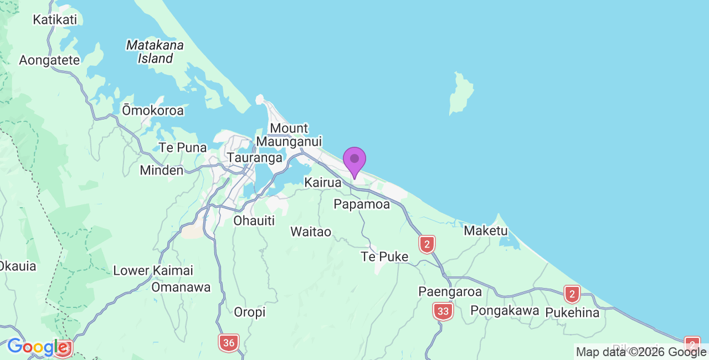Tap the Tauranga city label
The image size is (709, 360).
(255, 158)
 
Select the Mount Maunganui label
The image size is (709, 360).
(289, 135)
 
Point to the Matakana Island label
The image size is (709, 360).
(155, 51)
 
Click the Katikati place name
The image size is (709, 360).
(55, 20)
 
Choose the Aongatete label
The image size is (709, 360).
(49, 60)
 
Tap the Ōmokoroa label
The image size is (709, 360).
(153, 111)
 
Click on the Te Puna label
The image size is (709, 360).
(183, 148)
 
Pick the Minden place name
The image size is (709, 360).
(161, 170)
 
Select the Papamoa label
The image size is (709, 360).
(362, 204)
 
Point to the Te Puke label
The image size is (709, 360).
(384, 257)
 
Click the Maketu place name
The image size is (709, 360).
(486, 230)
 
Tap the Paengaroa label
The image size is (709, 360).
(450, 292)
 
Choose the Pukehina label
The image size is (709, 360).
(572, 313)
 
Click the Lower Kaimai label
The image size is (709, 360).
(153, 271)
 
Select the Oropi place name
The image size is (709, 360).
(250, 312)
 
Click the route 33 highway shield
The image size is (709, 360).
(443, 311)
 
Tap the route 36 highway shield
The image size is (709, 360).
(229, 343)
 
